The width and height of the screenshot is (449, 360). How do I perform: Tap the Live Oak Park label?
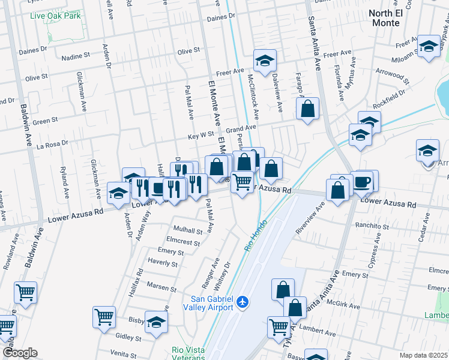pyautogui.click(x=56, y=16)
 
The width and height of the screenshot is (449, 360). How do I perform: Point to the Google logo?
pyautogui.click(x=20, y=353)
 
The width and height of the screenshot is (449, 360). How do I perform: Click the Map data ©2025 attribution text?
pyautogui.click(x=423, y=355)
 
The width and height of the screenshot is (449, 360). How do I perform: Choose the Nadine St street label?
pyautogui.click(x=76, y=58)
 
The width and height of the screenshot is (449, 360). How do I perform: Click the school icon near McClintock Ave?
pyautogui.click(x=265, y=60)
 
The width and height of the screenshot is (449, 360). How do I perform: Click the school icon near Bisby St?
pyautogui.click(x=156, y=322)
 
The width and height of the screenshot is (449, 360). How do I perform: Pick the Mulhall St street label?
pyautogui.click(x=188, y=230)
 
